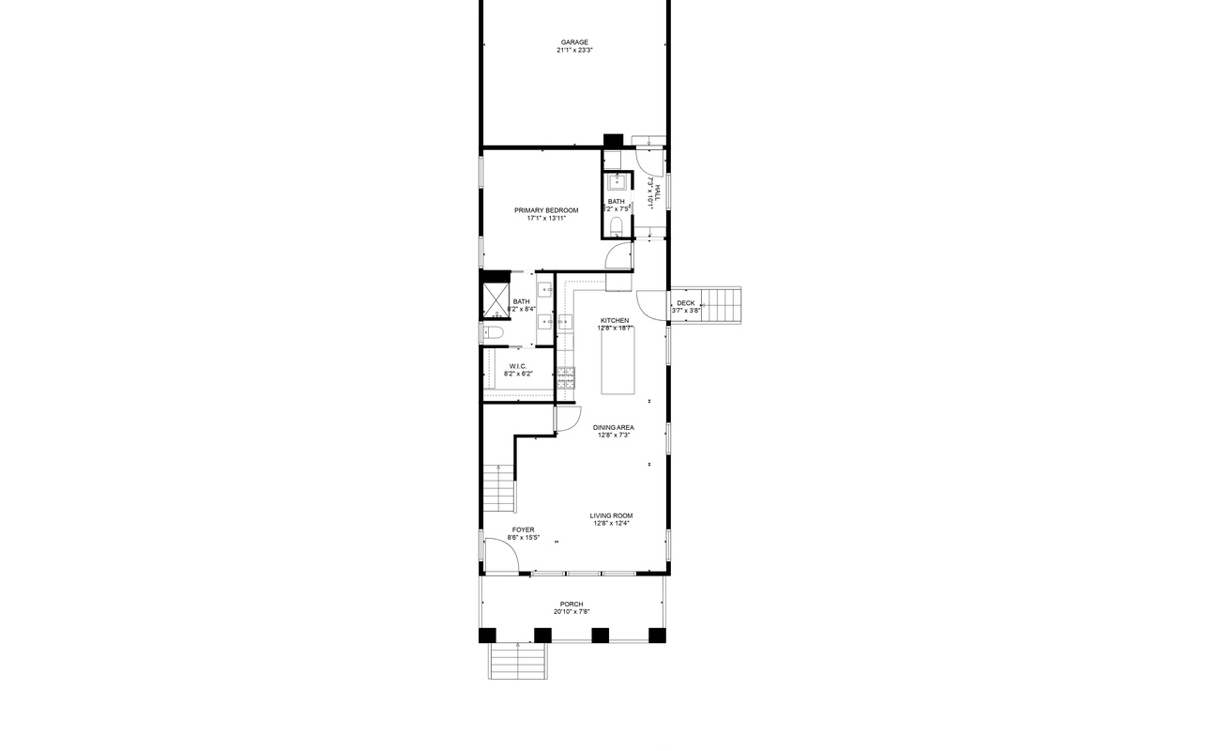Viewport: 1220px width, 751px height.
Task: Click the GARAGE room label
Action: pyautogui.click(x=574, y=42)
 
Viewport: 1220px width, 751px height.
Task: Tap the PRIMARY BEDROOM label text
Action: pyautogui.click(x=545, y=210)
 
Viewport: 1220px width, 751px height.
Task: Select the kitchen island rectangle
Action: pyautogui.click(x=617, y=360)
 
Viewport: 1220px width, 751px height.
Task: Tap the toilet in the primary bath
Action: pyautogui.click(x=494, y=333)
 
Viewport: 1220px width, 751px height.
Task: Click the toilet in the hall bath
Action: pyautogui.click(x=617, y=226)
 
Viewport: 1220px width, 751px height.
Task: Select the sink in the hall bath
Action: pyautogui.click(x=617, y=181)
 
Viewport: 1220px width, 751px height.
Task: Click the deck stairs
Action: pyautogui.click(x=722, y=305)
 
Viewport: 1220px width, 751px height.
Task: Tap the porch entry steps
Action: pyautogui.click(x=517, y=661)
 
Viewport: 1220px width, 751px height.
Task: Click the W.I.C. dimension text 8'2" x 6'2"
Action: pyautogui.click(x=518, y=374)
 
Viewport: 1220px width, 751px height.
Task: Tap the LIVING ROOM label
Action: pyautogui.click(x=611, y=515)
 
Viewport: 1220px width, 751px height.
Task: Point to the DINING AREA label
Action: pyautogui.click(x=613, y=427)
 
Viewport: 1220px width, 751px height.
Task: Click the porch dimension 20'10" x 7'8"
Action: pyautogui.click(x=572, y=612)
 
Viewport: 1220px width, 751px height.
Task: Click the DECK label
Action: pyautogui.click(x=686, y=302)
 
